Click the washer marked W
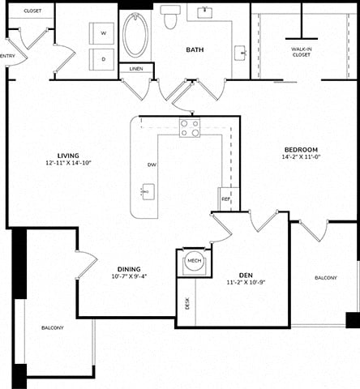point(101,33)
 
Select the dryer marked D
point(101,59)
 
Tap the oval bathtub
point(135,35)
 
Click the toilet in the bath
point(170,17)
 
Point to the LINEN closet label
point(136,69)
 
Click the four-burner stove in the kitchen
point(190,128)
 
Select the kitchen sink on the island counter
point(148,192)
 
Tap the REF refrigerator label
point(225,199)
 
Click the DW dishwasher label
point(152,165)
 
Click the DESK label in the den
point(187,304)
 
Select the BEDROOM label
point(301,150)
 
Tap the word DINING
point(129,269)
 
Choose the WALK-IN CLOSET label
point(302,52)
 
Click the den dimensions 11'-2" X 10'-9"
point(246,282)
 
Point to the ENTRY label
point(7,56)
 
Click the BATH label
point(195,50)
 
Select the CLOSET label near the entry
point(32,11)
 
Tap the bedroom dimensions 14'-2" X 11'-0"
point(301,156)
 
